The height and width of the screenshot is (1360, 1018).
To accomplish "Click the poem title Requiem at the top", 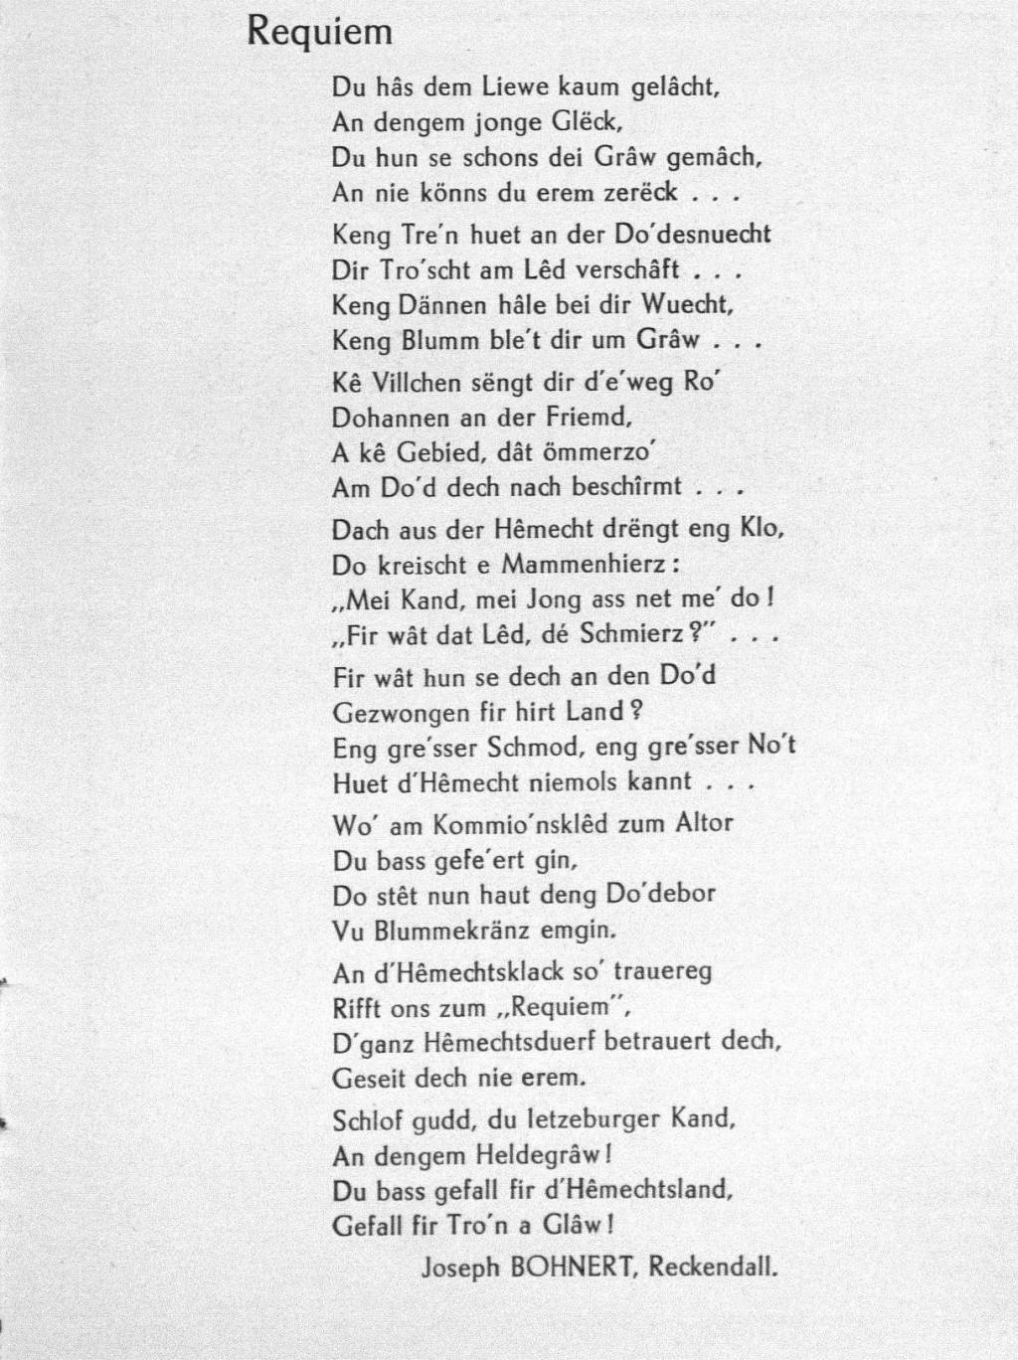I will [319, 34].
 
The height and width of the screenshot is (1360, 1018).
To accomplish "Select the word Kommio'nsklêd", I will [511, 823].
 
